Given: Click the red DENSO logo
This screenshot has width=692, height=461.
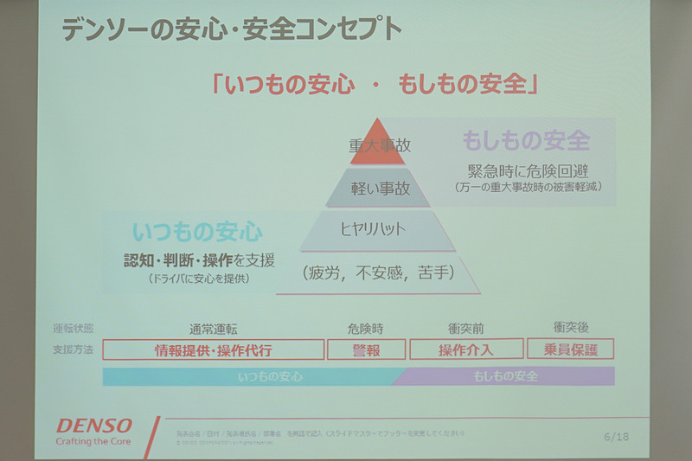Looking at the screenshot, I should [x=95, y=426].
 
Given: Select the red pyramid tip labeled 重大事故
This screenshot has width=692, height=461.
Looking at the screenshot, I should [x=378, y=146].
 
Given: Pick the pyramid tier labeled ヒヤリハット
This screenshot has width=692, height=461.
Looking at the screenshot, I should [x=378, y=229].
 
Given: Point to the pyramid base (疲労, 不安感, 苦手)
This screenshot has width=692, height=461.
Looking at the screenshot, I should [x=379, y=274].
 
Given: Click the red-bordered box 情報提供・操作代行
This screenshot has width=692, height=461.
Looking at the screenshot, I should [x=213, y=350].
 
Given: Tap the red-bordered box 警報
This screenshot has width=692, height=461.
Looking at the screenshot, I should [x=366, y=350].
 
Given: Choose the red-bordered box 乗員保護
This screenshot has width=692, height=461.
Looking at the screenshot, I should [x=570, y=349].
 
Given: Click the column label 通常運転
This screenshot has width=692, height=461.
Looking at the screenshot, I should [x=213, y=329].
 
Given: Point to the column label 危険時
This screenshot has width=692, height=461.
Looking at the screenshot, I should [x=365, y=329].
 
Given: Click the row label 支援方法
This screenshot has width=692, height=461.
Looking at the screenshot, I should [x=73, y=350].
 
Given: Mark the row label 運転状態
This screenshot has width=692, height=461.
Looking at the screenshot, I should [x=73, y=330].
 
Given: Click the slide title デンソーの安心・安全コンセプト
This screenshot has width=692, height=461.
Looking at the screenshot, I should [x=231, y=29].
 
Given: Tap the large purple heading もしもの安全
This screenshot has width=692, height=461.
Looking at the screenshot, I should [x=526, y=139].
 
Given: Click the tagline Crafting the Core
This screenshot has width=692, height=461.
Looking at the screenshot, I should [x=93, y=441].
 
